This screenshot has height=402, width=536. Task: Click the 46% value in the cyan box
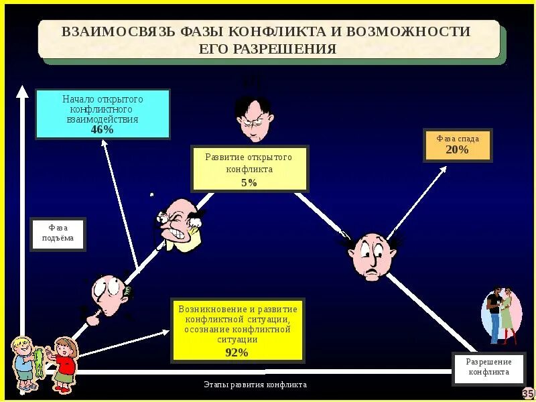(x=102, y=130)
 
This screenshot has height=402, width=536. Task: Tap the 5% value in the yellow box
(x=249, y=182)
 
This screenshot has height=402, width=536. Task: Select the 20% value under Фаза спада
(x=457, y=150)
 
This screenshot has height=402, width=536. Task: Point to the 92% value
(x=237, y=352)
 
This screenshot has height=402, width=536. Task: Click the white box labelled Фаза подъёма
(x=58, y=234)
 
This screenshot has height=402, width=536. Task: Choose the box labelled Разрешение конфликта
(x=488, y=367)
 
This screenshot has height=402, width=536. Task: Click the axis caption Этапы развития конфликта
(x=255, y=385)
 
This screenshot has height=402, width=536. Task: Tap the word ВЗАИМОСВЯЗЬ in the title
(x=118, y=32)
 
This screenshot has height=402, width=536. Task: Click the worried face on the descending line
(x=371, y=255)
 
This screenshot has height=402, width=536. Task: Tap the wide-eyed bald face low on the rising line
(x=109, y=295)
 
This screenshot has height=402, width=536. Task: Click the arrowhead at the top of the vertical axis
(x=22, y=91)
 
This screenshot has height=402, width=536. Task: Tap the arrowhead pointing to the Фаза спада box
(x=443, y=169)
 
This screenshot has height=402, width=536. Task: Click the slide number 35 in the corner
(x=528, y=393)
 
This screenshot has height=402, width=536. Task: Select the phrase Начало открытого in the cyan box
(x=103, y=99)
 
